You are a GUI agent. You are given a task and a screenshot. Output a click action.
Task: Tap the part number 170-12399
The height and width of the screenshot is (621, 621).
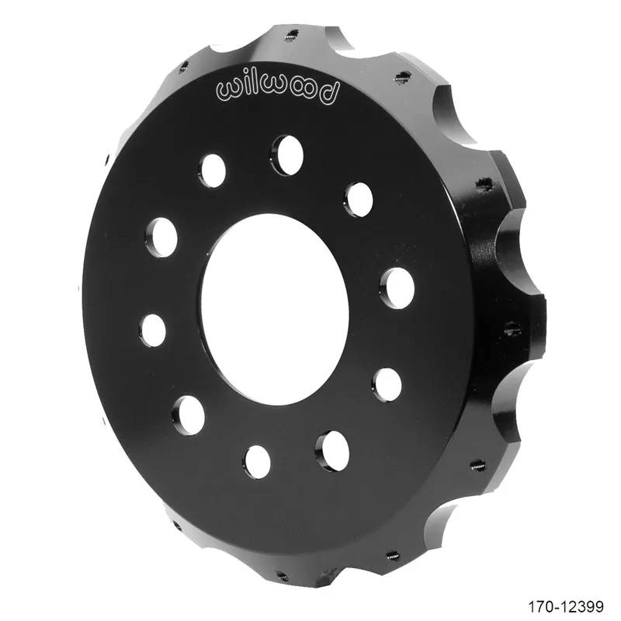(x=566, y=606)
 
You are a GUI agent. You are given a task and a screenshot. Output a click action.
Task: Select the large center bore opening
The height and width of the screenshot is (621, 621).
(x=275, y=309)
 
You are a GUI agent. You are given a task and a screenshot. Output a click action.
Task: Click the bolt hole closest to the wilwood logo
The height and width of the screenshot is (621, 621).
(x=288, y=155)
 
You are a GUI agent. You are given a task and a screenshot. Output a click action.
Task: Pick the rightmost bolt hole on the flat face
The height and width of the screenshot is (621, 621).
(x=397, y=288)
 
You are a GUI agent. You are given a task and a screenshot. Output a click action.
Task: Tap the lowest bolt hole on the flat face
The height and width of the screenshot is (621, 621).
(x=257, y=462)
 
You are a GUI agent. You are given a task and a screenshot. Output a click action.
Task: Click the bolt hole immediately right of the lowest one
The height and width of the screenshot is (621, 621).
(x=332, y=451)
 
